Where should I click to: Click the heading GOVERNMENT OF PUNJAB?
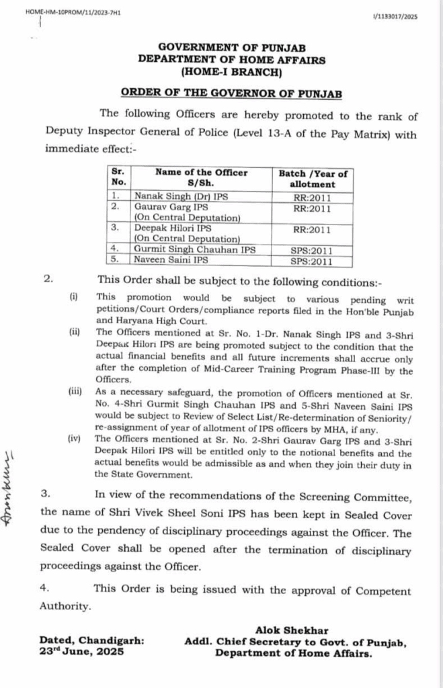point(231,48)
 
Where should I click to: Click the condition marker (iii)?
point(74,392)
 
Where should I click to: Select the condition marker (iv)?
point(74,439)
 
